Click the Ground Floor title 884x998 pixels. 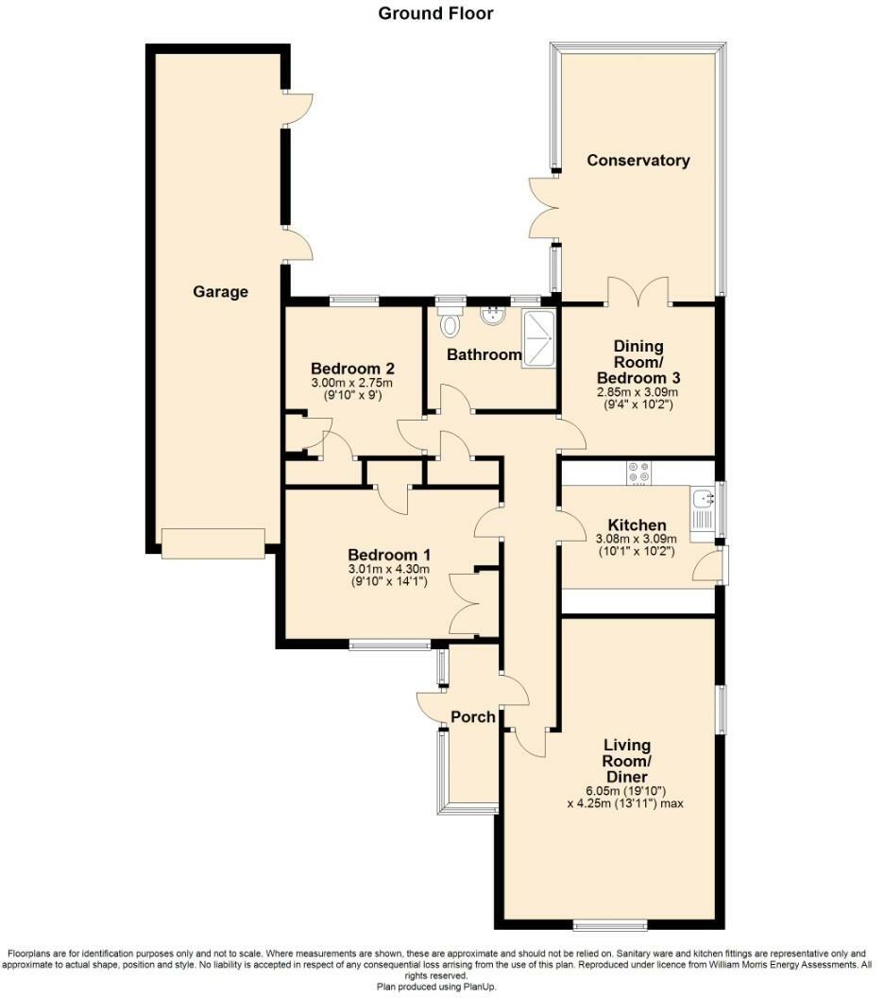[x=435, y=13]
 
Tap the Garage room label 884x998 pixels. [x=220, y=291]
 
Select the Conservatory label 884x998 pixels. [x=637, y=160]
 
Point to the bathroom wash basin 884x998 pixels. [x=492, y=316]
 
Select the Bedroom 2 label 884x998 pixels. [x=351, y=368]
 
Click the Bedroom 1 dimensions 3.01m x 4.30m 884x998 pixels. [x=390, y=569]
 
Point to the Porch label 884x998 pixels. [x=472, y=716]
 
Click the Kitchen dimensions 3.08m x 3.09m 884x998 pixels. [x=637, y=540]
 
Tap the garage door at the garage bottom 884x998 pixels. [x=212, y=542]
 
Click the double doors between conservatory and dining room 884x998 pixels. [x=638, y=292]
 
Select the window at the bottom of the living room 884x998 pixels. [x=609, y=923]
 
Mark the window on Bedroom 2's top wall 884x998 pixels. [x=354, y=301]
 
